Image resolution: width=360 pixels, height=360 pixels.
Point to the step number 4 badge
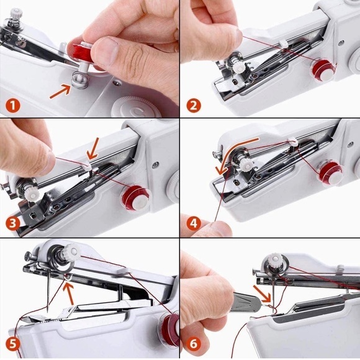[194, 222]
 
